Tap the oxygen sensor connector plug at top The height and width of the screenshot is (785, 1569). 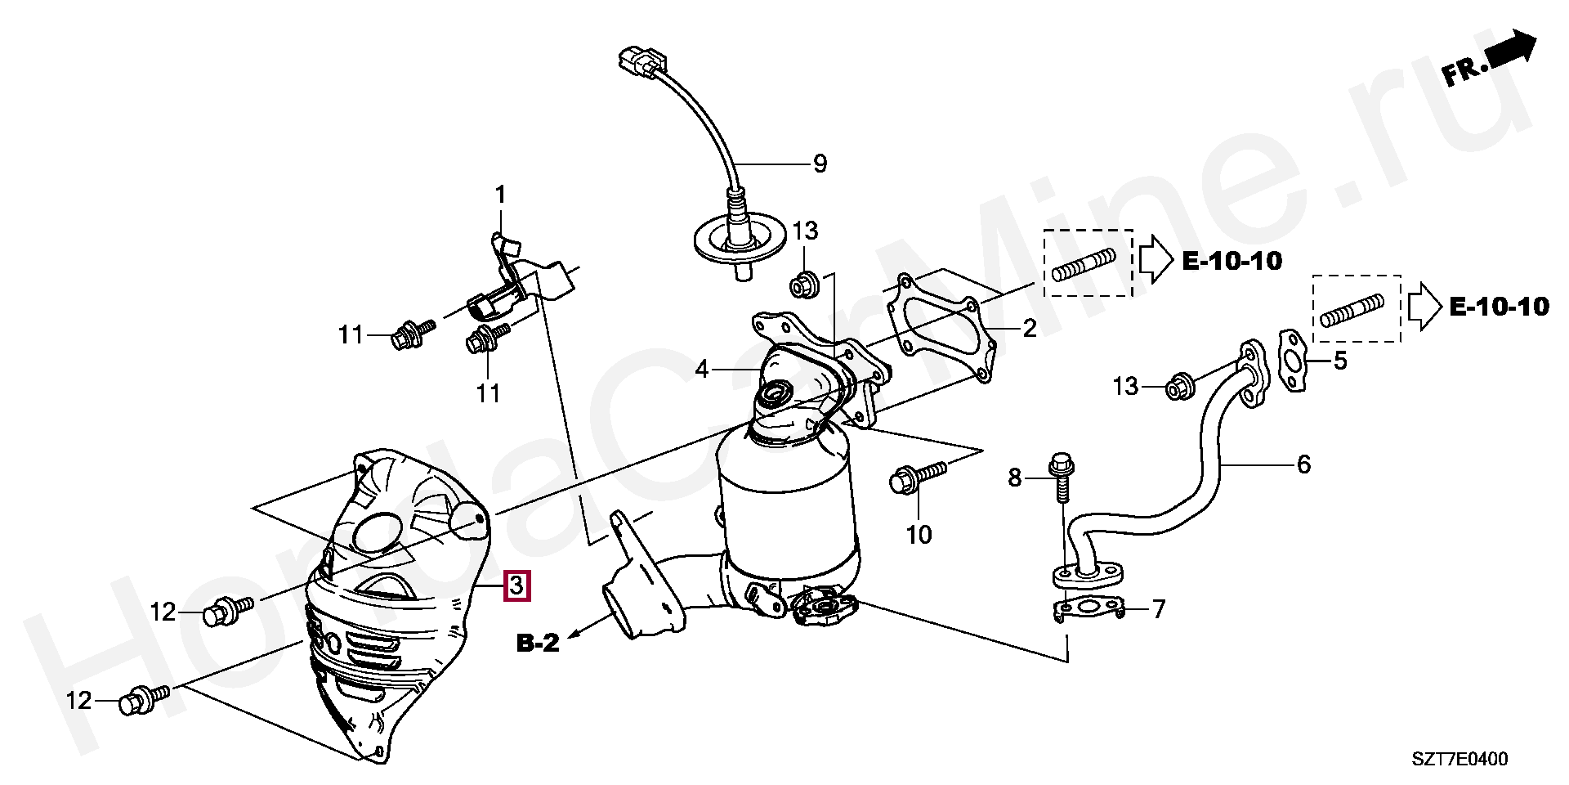tap(642, 61)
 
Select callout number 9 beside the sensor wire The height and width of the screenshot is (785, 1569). tap(820, 164)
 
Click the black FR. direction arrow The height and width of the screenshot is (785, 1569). tap(1511, 50)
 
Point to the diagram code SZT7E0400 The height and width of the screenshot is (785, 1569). tap(1459, 759)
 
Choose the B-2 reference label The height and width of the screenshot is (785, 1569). tap(538, 644)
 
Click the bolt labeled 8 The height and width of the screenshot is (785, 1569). tap(1060, 478)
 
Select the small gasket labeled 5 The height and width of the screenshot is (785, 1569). tap(1291, 360)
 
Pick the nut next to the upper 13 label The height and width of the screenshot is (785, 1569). tap(802, 286)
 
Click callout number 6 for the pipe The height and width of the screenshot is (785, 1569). tap(1303, 464)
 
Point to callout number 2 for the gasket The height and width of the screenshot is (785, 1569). tap(1029, 329)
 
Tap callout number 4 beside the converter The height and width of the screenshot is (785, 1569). tap(702, 370)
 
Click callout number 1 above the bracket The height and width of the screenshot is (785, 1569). tap(500, 195)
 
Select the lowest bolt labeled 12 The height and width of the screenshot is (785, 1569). tap(143, 700)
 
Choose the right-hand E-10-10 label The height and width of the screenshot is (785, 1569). tap(1499, 307)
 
